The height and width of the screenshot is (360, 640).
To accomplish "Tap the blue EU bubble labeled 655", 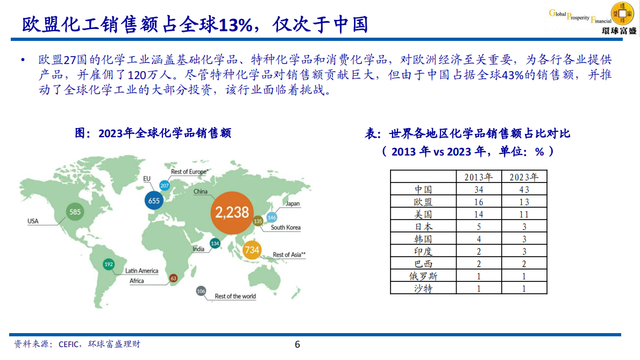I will click(154, 201).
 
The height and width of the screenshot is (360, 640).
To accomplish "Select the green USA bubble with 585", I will click(75, 212).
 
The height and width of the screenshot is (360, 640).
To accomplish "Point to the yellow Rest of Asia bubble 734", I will click(252, 250).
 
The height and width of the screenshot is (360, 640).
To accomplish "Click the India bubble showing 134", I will click(215, 244).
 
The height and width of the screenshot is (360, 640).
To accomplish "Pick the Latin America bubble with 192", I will click(109, 264).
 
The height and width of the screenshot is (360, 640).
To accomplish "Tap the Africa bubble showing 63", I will click(173, 278).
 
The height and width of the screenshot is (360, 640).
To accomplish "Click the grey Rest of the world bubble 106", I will click(201, 291).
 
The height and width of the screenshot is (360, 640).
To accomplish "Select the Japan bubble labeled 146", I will click(272, 217).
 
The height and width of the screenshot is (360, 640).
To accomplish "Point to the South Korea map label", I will click(286, 228).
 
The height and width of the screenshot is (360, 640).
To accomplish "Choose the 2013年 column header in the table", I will click(478, 177).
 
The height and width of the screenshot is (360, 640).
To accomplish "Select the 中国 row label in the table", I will click(423, 189).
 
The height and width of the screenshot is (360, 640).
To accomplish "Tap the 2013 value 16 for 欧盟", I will click(478, 202).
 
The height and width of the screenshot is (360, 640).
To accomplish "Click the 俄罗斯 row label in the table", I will click(423, 276).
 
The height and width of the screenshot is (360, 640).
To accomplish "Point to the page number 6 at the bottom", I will click(297, 345).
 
